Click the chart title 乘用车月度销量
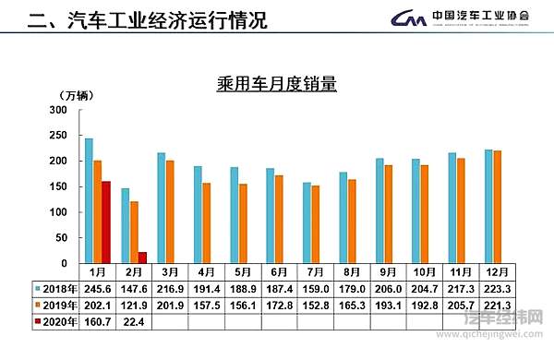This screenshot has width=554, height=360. (274, 85)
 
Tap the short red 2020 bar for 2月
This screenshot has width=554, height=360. (142, 258)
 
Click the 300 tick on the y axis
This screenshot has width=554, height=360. (57, 110)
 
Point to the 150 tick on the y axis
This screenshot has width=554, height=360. (57, 186)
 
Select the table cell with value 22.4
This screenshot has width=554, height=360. (134, 321)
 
